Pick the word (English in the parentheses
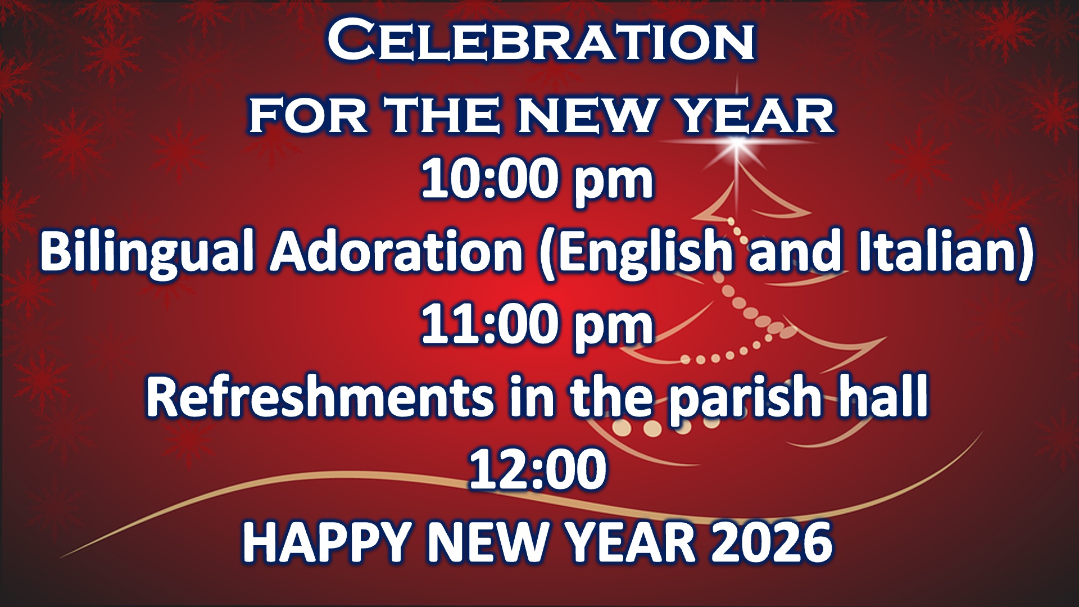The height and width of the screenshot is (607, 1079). tap(635, 252)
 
